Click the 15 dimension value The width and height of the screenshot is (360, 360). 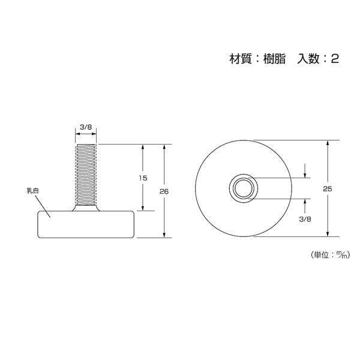coord(143,178)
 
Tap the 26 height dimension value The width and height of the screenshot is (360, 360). coord(164,191)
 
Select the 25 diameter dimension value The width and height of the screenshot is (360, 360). coord(328,189)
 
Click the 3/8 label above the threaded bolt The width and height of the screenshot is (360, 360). coord(86,127)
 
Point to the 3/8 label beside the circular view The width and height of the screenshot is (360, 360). coord(305,219)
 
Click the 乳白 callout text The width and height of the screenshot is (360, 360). coord(33,191)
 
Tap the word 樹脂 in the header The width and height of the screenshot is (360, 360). coord(274,59)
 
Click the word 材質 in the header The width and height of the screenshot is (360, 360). coord(241,59)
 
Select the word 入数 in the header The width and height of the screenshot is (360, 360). coord(308,59)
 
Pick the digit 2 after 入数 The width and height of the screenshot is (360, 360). coord(335,59)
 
